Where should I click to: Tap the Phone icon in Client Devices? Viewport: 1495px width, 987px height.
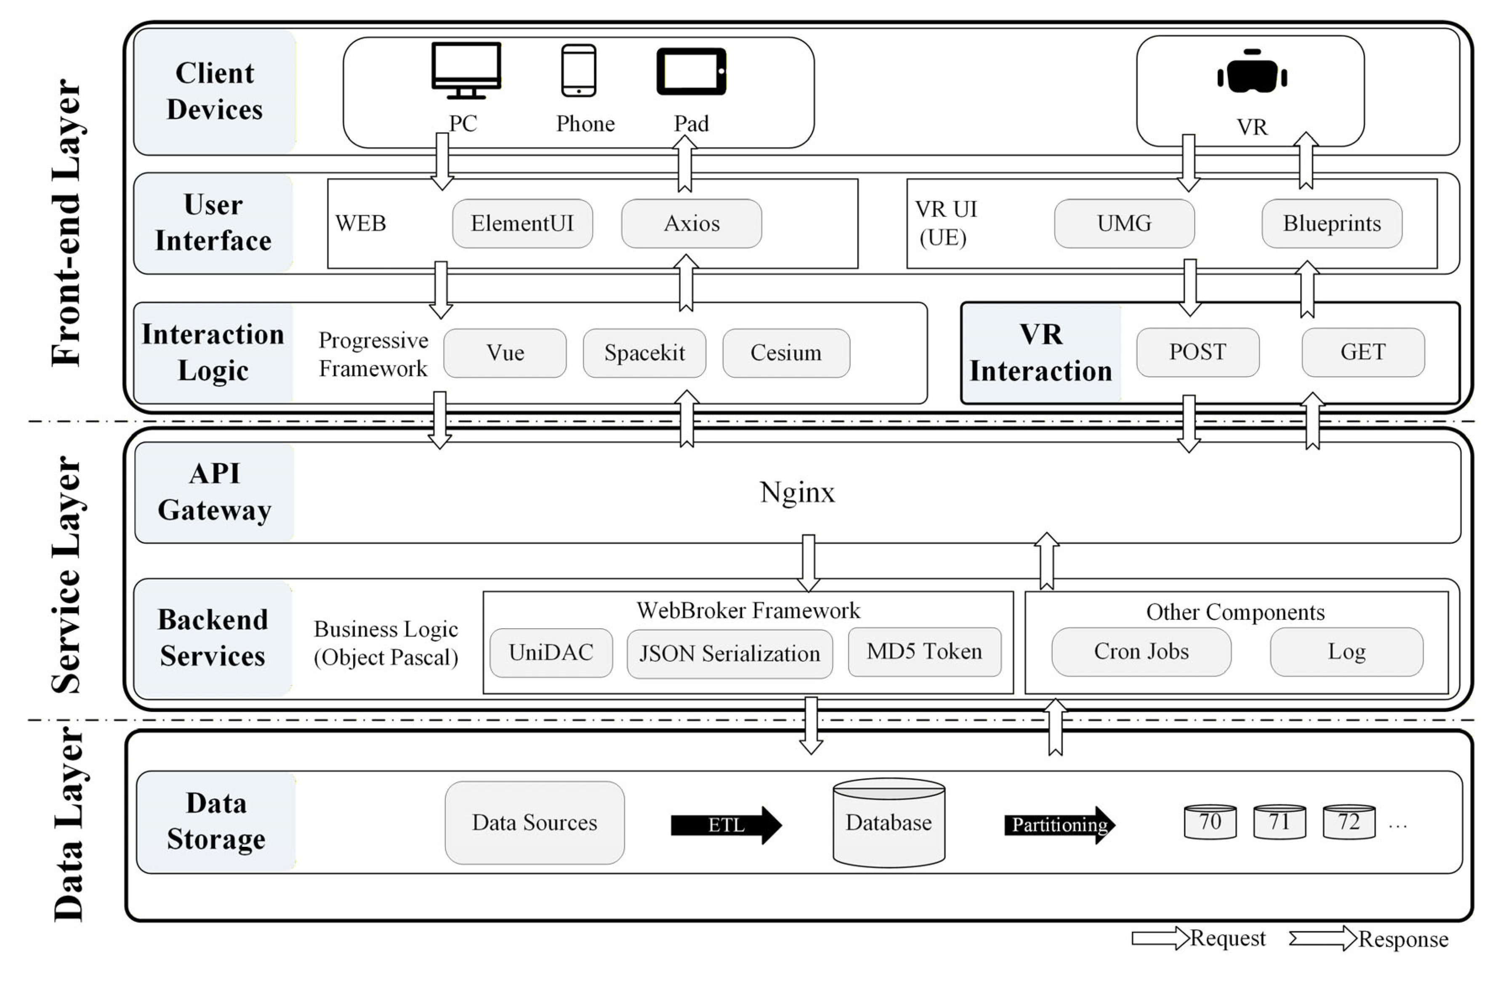[578, 70]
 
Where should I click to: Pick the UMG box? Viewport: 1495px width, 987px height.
[1124, 224]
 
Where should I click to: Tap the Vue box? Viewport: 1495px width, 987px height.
[505, 352]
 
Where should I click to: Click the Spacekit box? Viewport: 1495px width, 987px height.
[644, 352]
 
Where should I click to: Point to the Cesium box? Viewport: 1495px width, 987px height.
[786, 352]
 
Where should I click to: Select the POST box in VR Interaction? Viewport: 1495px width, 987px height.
[1197, 352]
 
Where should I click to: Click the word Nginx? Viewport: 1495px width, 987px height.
[797, 492]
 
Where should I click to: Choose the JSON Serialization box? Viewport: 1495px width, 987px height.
[729, 654]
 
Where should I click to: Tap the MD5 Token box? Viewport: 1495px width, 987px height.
[924, 651]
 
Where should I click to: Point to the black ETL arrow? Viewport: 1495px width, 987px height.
[726, 824]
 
